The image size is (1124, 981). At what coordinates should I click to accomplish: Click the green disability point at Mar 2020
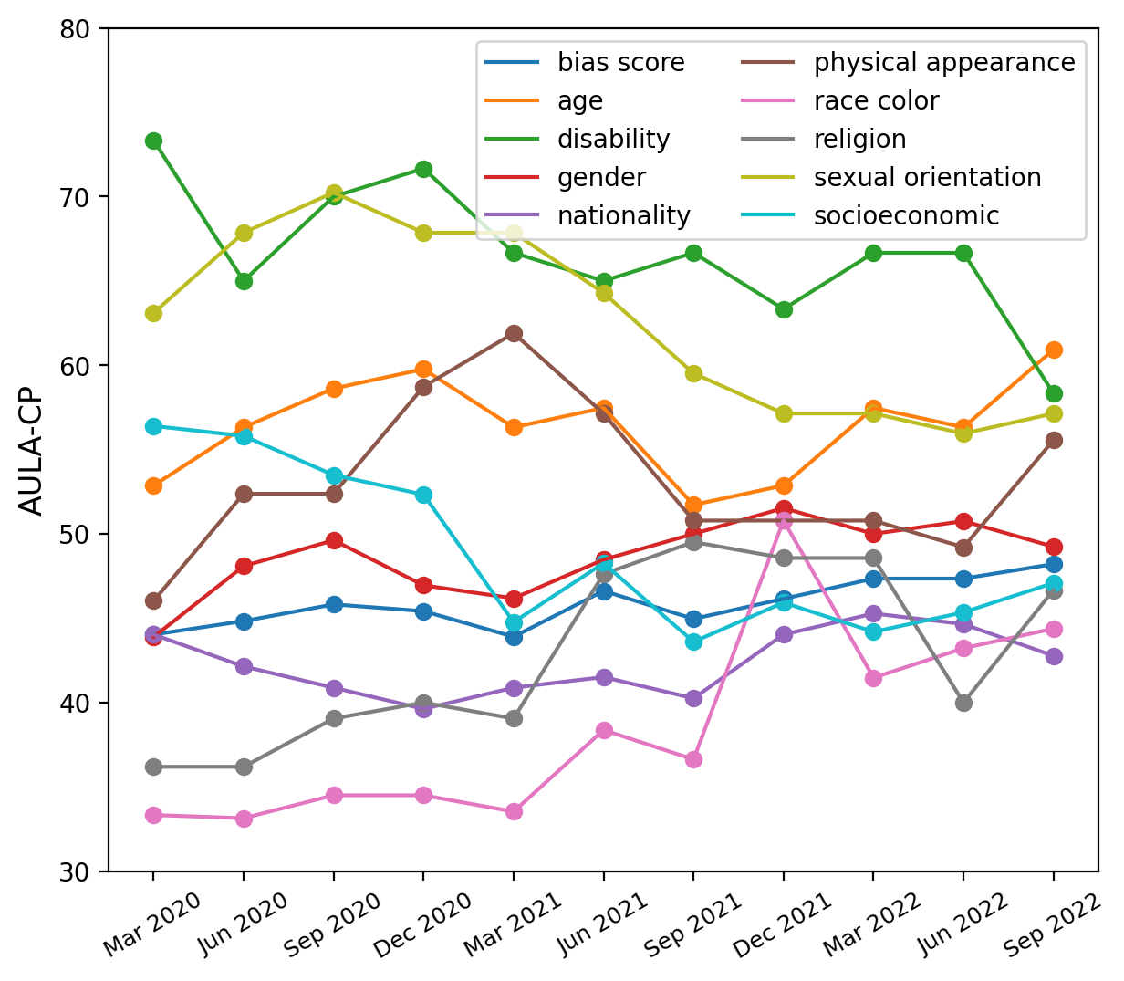coord(153,141)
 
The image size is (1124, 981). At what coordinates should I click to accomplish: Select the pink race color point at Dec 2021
coord(784,520)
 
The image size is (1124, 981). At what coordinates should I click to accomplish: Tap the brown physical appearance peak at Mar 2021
coord(514,333)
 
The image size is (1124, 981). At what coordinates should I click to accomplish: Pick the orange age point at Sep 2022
coord(1054,350)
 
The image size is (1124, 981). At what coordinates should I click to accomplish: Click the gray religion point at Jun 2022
coord(963,703)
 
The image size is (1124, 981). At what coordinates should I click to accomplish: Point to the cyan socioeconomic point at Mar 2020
coord(153,426)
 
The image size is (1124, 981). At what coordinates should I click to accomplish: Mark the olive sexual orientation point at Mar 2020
coord(153,313)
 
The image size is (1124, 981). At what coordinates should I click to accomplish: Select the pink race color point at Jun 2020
coord(244,819)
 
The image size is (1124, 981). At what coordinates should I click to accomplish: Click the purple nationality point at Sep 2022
coord(1054,656)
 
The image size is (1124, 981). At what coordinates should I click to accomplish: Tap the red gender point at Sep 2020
coord(334,540)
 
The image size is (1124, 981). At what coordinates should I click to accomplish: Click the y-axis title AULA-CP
coord(32,450)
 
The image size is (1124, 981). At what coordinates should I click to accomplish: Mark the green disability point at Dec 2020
coord(423,169)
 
